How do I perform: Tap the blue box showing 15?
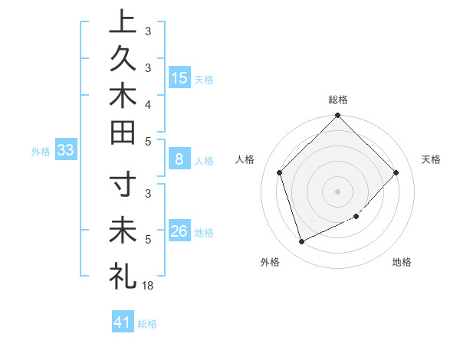tap(179, 77)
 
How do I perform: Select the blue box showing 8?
tap(179, 160)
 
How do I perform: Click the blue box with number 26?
tap(179, 232)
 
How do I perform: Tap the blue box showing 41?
tap(123, 322)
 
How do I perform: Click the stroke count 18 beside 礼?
tap(149, 285)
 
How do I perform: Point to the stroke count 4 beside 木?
tap(148, 103)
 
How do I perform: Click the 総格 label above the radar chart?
tap(338, 100)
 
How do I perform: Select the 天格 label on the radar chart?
tap(432, 159)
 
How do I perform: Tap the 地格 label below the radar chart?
tap(402, 263)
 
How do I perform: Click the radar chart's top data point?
tap(338, 116)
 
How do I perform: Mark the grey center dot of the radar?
tap(338, 191)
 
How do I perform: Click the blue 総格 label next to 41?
tap(147, 324)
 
